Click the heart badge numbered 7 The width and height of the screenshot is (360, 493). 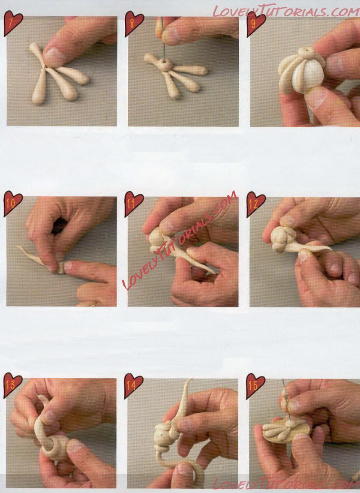click(12, 24)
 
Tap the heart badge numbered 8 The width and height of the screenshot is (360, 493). click(134, 24)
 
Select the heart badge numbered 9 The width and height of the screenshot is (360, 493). click(255, 24)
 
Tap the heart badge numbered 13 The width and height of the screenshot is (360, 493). click(12, 385)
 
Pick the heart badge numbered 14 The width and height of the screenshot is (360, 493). click(134, 385)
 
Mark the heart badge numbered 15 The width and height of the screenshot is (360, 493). click(255, 385)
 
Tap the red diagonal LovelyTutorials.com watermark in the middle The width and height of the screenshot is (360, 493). click(179, 240)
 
